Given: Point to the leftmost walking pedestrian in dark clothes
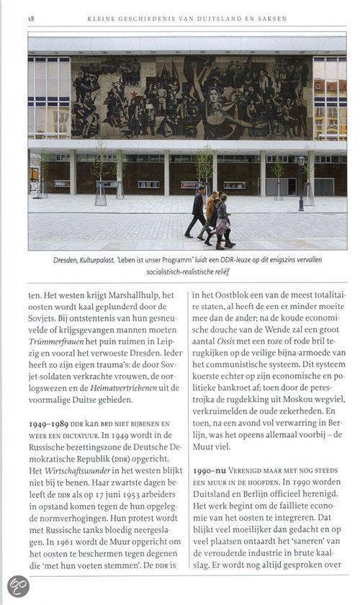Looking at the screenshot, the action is [x=196, y=212].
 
